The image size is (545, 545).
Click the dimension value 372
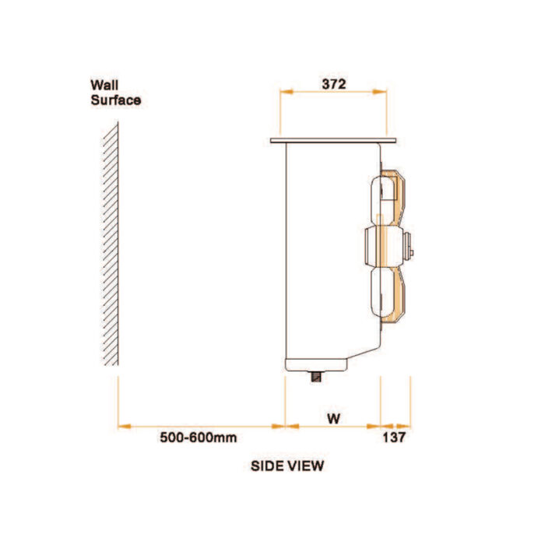pos(334,84)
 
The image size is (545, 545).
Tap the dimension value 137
pos(394,438)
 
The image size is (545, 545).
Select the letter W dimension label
pos(334,419)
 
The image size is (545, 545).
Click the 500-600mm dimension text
pos(199,438)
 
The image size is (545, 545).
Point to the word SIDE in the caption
pos(266,466)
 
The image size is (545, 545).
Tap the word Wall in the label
pos(104,85)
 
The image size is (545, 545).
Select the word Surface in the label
pos(116,100)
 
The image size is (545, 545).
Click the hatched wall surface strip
pos(111,243)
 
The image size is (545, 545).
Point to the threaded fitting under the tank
pos(316,376)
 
